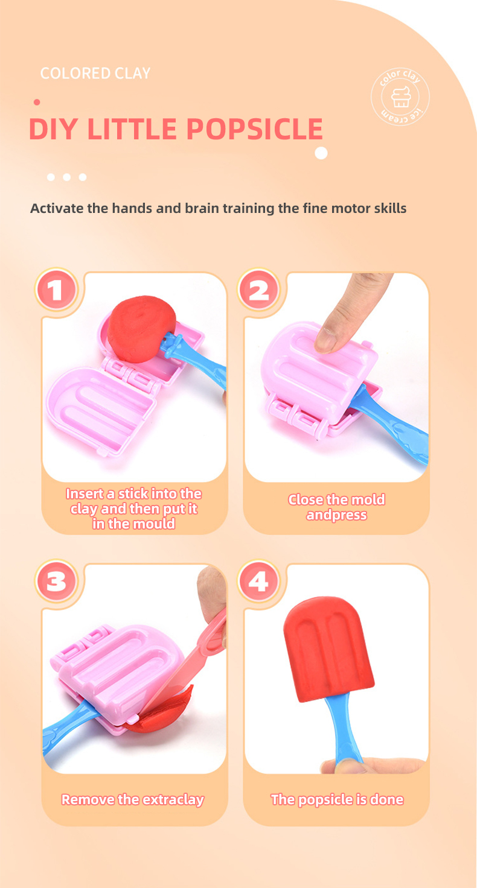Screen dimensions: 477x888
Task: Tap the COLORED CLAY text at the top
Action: point(95,74)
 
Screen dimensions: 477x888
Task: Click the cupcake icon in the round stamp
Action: point(400,97)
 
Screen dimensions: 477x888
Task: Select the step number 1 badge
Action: point(56,290)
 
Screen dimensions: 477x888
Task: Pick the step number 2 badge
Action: point(258,290)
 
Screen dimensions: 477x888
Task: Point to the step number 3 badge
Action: point(56,582)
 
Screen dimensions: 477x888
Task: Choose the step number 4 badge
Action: point(258,582)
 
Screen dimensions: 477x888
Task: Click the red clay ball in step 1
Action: point(141,328)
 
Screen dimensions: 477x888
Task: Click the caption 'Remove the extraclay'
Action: point(133,799)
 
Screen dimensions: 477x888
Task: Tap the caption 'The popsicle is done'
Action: point(338,799)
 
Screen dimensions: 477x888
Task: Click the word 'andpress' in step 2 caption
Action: point(336,515)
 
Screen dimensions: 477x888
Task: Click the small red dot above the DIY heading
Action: point(37,103)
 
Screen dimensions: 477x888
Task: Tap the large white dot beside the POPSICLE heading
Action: point(321,153)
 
